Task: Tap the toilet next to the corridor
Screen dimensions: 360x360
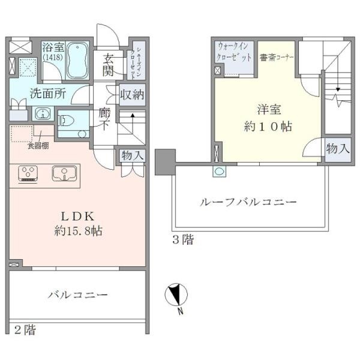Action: [x=67, y=119]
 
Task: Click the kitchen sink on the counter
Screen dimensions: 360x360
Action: [x=62, y=173]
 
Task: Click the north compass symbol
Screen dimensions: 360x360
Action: [x=176, y=296]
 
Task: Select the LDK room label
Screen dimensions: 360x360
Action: [x=76, y=217]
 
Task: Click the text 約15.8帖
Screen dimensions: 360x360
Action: [x=76, y=230]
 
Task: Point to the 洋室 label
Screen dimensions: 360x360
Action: [x=268, y=111]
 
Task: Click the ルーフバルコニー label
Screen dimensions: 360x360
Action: [x=248, y=202]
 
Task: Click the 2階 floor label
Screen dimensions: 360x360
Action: [x=25, y=329]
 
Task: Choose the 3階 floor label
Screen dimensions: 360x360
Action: [x=182, y=241]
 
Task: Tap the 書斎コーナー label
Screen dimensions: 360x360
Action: [x=277, y=58]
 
